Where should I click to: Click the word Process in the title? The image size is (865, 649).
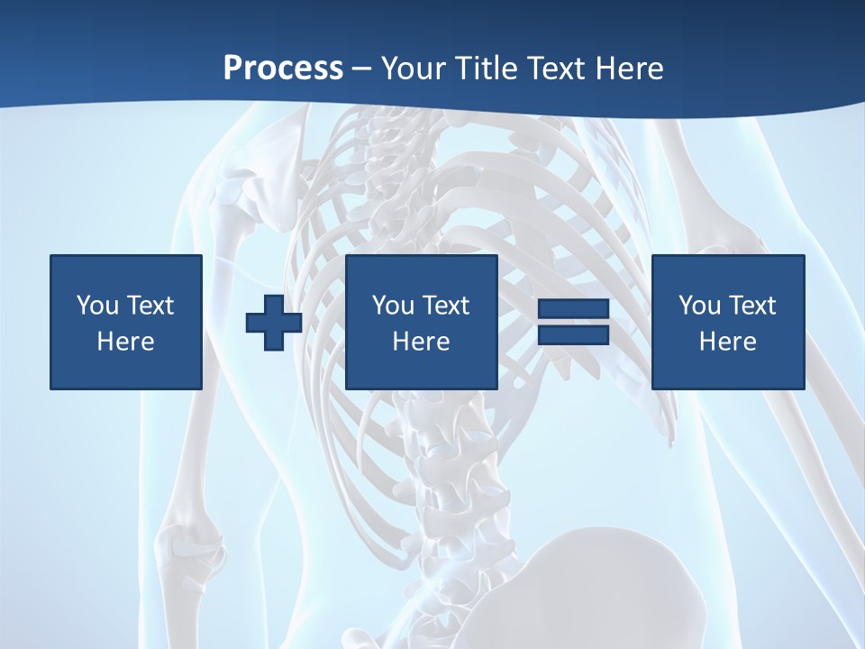click(283, 69)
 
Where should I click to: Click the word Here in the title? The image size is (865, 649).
click(631, 69)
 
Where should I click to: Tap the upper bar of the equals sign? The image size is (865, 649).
click(573, 309)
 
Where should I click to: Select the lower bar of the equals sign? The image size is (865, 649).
click(573, 335)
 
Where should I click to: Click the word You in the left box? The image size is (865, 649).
click(97, 306)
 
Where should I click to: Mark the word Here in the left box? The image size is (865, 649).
click(125, 342)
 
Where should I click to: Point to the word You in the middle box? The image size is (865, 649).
click(393, 306)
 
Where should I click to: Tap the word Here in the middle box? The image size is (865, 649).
click(421, 342)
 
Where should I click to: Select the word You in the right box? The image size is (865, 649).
click(699, 306)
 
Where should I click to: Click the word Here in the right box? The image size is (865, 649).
click(727, 342)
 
